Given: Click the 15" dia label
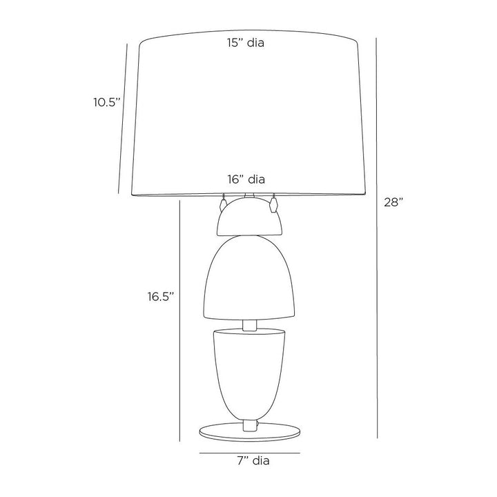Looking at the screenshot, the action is (x=246, y=43).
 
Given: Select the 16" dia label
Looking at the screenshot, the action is (x=246, y=179).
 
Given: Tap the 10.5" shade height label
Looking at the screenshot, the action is (x=107, y=102).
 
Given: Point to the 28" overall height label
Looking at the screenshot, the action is (x=393, y=202).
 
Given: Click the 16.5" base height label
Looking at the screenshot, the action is (x=161, y=296).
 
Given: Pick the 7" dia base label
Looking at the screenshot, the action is (x=253, y=460).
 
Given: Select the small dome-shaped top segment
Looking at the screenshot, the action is (x=249, y=217).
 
